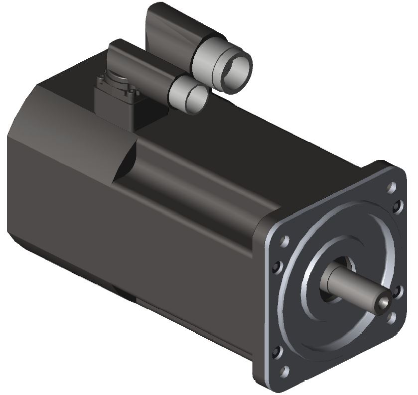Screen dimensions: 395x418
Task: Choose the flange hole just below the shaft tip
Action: [x=391, y=315]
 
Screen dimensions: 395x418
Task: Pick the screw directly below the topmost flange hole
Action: [x=398, y=205]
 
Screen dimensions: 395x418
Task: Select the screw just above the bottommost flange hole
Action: [x=278, y=349]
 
